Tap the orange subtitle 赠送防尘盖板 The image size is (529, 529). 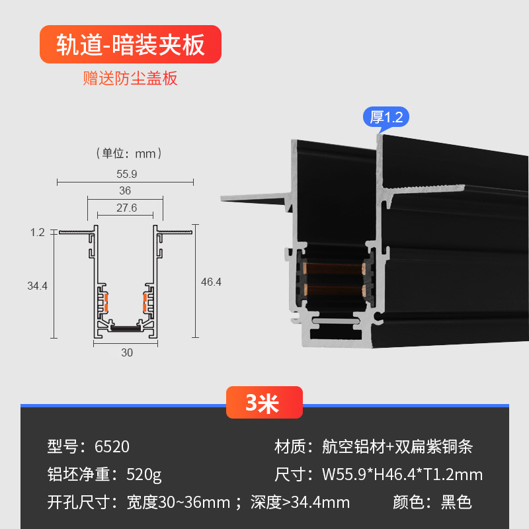(130, 79)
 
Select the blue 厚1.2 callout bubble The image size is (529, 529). (386, 117)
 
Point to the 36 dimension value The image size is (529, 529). (125, 190)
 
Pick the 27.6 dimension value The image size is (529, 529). (126, 208)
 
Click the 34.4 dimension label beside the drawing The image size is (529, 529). (37, 286)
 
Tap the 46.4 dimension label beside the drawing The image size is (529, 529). (211, 282)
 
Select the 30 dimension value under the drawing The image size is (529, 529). (127, 352)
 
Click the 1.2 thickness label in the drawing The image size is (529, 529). (37, 232)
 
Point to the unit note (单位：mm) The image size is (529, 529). (130, 153)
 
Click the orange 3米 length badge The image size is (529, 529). (264, 403)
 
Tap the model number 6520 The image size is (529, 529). (112, 446)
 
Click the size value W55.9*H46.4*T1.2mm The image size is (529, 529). (402, 474)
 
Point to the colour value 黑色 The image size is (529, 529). (456, 502)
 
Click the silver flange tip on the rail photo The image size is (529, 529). (228, 197)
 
